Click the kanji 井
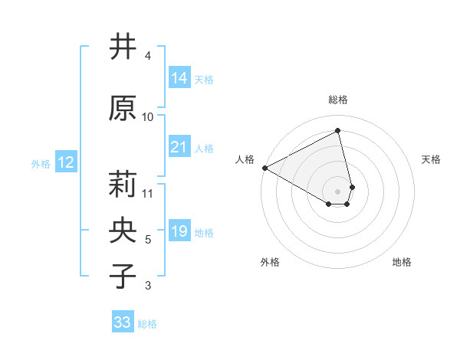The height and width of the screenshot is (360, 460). [x=123, y=47]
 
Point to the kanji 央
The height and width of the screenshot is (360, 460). [x=123, y=231]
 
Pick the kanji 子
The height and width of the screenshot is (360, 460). [x=123, y=277]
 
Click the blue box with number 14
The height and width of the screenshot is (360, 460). [x=179, y=78]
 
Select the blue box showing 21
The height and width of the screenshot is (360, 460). [x=179, y=147]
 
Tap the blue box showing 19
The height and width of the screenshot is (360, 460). [x=179, y=231]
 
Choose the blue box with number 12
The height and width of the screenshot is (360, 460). [x=65, y=162]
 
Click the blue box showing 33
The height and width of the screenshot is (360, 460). [x=123, y=322]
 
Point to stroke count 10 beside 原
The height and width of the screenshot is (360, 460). [x=148, y=116]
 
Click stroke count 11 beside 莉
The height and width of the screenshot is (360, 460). [x=148, y=193]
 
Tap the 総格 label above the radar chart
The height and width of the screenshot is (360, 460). [x=338, y=100]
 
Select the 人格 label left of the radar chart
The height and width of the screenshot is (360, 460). [x=245, y=159]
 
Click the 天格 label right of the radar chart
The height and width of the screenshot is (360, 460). [x=431, y=159]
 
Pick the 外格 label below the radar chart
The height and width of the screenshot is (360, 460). [x=270, y=262]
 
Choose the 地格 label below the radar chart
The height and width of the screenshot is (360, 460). [x=402, y=262]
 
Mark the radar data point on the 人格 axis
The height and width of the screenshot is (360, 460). [x=264, y=168]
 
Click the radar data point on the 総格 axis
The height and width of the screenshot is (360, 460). [x=338, y=131]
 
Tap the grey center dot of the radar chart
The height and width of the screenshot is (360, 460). [x=338, y=191]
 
